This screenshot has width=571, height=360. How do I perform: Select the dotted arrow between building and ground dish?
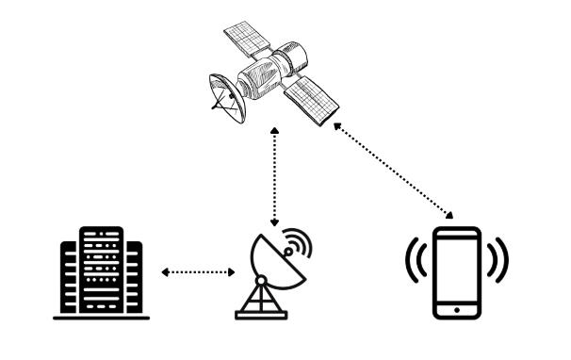click(x=196, y=272)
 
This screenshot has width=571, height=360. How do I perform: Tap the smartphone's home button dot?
click(x=456, y=308)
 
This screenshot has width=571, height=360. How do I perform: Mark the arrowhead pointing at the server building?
click(x=163, y=272)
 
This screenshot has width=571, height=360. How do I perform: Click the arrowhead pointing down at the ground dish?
click(x=274, y=223)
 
